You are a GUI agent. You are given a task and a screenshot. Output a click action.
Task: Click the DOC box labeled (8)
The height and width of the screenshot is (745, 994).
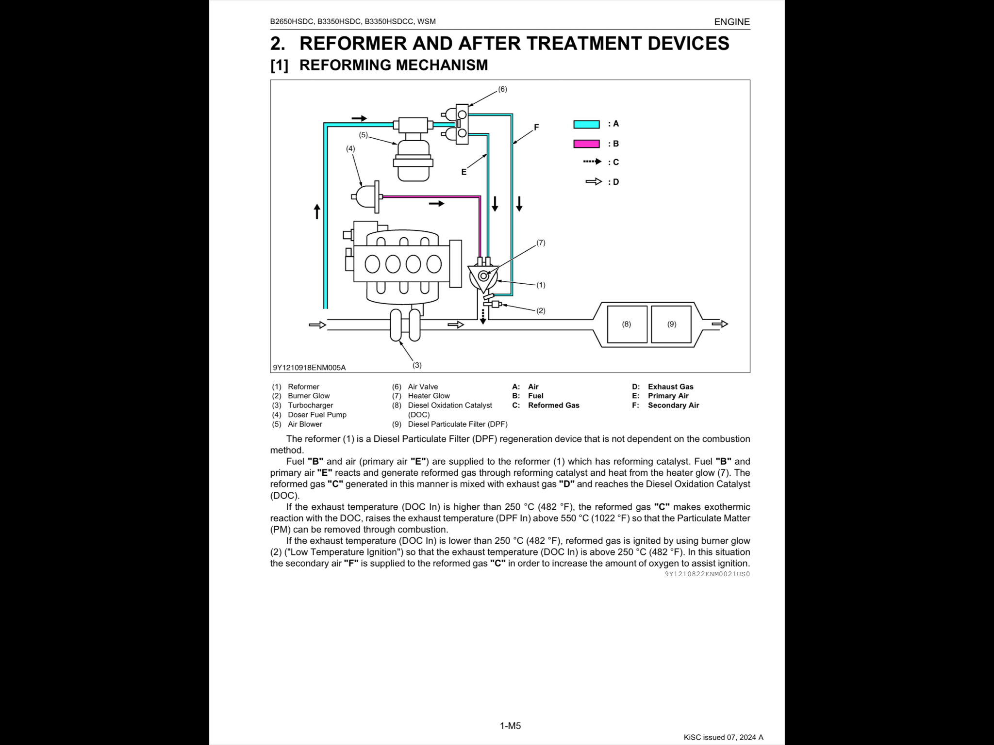[x=627, y=324]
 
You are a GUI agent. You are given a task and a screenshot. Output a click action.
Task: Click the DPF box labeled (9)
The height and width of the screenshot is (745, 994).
[x=671, y=324]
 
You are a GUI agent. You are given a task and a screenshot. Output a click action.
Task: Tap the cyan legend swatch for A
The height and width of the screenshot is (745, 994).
[x=586, y=124]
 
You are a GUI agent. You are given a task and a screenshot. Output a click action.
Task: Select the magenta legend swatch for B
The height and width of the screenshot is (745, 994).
[x=586, y=144]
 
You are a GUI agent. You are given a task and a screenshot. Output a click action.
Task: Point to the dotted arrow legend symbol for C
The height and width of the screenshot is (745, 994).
[x=592, y=162]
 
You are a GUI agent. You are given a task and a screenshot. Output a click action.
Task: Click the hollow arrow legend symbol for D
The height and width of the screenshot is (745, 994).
[x=594, y=181]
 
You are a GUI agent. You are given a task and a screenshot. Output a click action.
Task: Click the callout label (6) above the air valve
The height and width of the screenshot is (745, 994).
[x=502, y=89]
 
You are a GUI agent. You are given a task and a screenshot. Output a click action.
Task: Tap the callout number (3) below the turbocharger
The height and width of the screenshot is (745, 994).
[x=417, y=365]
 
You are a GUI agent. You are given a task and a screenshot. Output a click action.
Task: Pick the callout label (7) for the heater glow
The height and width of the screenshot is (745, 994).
[x=541, y=243]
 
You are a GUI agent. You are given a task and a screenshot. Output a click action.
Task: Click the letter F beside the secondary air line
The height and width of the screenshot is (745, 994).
[x=536, y=127]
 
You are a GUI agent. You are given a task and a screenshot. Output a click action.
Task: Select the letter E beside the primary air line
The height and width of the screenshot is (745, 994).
[x=464, y=172]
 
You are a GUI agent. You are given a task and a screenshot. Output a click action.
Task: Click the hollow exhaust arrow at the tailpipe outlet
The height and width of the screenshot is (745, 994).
[x=720, y=324]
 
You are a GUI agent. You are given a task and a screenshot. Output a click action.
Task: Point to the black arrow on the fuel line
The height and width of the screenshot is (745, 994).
[x=436, y=204]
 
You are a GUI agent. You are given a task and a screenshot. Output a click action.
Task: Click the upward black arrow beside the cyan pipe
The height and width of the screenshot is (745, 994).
[x=317, y=211]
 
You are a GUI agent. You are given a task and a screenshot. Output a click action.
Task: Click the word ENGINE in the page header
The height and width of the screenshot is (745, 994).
[x=732, y=22]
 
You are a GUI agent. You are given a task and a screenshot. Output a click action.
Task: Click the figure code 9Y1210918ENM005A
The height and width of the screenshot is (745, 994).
[x=309, y=368]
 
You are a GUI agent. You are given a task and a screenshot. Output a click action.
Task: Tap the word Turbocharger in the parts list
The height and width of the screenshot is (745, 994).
[x=310, y=405]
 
